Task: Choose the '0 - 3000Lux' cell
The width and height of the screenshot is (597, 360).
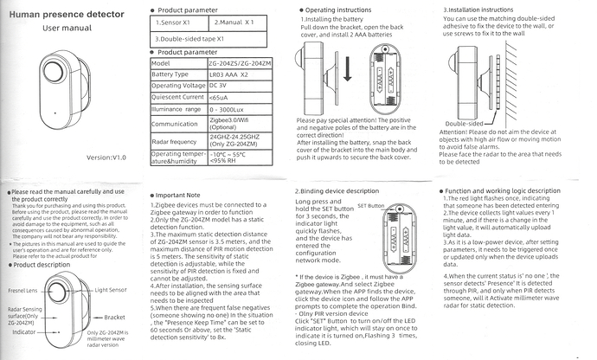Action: coord(233,109)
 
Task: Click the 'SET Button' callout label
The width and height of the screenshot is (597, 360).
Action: coord(369,208)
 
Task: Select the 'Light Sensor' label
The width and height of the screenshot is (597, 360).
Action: coord(113,289)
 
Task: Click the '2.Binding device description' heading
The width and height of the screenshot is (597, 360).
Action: coord(337,190)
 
